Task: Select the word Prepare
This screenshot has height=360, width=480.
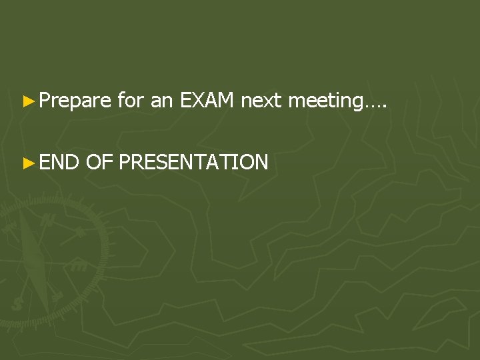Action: coord(75,102)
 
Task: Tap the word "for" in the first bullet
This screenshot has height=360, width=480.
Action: coord(130,101)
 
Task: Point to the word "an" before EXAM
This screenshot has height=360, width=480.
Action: coord(162,101)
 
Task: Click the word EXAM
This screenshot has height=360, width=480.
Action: coord(207,101)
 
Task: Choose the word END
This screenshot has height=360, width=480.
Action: coord(57,161)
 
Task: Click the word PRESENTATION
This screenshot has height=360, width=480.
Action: coord(194,161)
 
